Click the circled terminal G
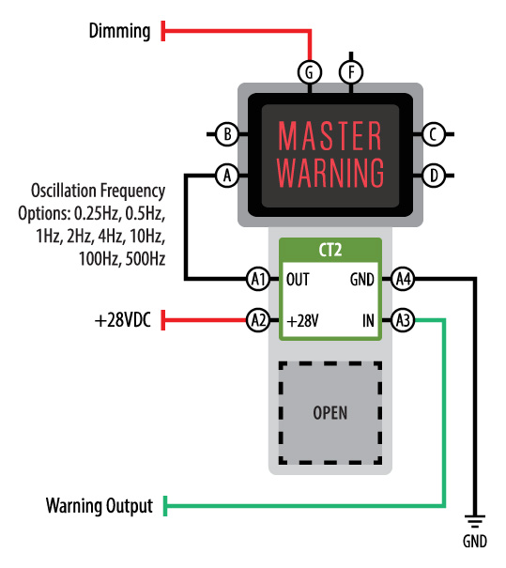[x=310, y=72]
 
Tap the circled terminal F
[x=351, y=72]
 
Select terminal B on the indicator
[x=227, y=134]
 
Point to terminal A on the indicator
[x=227, y=176]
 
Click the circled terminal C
[x=433, y=134]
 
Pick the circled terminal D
[x=433, y=176]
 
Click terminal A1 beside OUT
[x=258, y=279]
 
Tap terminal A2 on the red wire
[x=258, y=320]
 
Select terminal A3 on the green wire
[x=403, y=320]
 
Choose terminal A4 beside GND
[x=403, y=279]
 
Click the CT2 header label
[x=330, y=250]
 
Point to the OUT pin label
[x=298, y=279]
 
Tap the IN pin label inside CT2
[x=368, y=320]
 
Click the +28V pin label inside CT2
[x=302, y=321]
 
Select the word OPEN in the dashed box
[x=330, y=413]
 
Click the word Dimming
[x=119, y=31]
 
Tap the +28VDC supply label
[x=122, y=320]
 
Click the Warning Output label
[x=100, y=506]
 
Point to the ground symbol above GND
[x=475, y=521]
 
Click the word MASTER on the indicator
[x=330, y=135]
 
